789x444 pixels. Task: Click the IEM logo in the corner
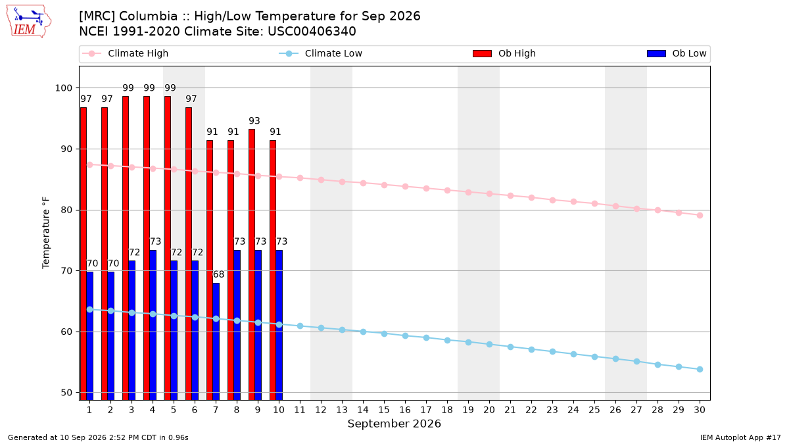[x=29, y=22]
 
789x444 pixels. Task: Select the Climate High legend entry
[x=125, y=53]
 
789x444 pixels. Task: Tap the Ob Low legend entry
[x=677, y=53]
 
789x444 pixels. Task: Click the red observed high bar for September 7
[x=210, y=270]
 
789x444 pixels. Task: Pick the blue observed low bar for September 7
[x=216, y=341]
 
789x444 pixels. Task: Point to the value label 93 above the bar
[x=254, y=121]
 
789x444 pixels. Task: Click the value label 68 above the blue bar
[x=218, y=274]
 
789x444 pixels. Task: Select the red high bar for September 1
[x=84, y=254]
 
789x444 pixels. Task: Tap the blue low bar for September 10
[x=279, y=325]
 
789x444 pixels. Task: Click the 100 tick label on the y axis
[x=63, y=87]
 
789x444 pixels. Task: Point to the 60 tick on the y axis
[x=66, y=332]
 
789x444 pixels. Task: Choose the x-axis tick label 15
[x=384, y=410]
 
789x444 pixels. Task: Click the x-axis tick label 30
[x=700, y=410]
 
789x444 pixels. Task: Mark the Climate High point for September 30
[x=700, y=215]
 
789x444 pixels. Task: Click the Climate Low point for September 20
[x=489, y=344]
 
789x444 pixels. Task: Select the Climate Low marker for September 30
[x=700, y=369]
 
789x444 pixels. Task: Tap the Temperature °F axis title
[x=46, y=233]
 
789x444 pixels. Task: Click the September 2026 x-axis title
[x=394, y=424]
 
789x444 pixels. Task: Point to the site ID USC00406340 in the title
[x=312, y=32]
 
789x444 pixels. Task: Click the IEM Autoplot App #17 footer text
[x=740, y=437]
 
